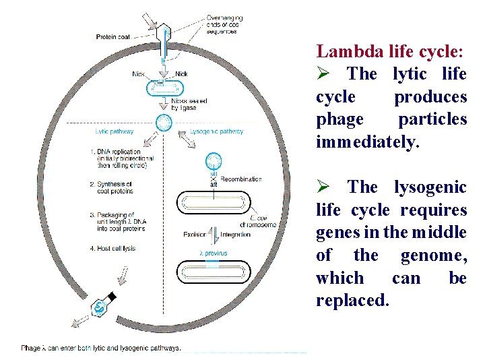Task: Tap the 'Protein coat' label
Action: (113, 36)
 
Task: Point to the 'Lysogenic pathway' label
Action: (216, 131)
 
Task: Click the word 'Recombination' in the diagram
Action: (240, 179)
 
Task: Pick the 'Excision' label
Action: (196, 235)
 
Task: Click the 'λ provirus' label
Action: (213, 253)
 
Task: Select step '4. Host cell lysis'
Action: (112, 248)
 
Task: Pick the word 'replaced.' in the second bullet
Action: (352, 300)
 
